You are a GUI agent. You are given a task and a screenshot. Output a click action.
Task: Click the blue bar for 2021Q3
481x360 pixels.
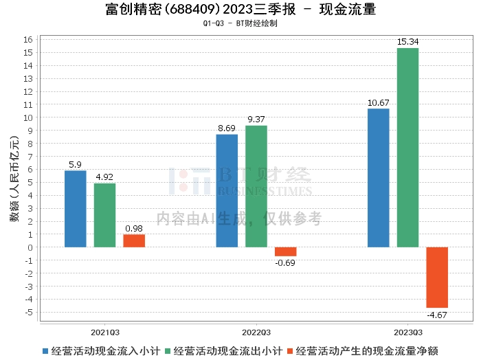(x=76, y=209)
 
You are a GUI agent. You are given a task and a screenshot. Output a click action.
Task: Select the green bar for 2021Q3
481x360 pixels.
(x=104, y=215)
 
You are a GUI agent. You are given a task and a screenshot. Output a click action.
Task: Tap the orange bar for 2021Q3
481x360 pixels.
(x=134, y=240)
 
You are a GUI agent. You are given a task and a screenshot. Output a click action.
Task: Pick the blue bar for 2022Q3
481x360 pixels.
(x=227, y=191)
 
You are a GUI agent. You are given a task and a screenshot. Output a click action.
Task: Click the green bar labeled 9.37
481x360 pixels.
(x=256, y=186)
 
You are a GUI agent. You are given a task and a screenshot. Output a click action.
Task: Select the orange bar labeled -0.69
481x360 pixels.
(x=286, y=251)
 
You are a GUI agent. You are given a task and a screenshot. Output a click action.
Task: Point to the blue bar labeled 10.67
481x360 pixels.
(x=378, y=178)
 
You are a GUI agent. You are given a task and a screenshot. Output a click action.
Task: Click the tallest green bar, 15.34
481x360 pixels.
(x=407, y=148)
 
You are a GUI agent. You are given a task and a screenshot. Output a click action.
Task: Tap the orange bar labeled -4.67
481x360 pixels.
(x=437, y=278)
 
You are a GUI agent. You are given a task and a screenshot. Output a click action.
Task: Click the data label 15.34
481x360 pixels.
(x=407, y=42)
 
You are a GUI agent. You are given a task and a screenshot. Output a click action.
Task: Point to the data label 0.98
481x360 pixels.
(x=134, y=229)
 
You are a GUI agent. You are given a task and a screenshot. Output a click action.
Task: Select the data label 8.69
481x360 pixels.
(x=227, y=128)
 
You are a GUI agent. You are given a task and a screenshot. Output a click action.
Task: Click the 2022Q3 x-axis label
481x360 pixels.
(x=256, y=333)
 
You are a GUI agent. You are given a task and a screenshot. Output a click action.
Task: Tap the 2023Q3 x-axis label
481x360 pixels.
(x=408, y=333)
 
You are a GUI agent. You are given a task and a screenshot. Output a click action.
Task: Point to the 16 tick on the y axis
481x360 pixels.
(x=28, y=40)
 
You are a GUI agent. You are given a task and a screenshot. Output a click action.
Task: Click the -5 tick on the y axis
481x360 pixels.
(x=29, y=313)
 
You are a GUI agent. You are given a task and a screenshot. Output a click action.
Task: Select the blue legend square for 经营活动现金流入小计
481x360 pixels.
(x=45, y=351)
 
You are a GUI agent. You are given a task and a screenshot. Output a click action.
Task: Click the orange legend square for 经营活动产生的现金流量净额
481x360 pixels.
(x=290, y=351)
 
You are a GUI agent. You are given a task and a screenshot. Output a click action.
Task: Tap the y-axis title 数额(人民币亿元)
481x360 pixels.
(x=14, y=179)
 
